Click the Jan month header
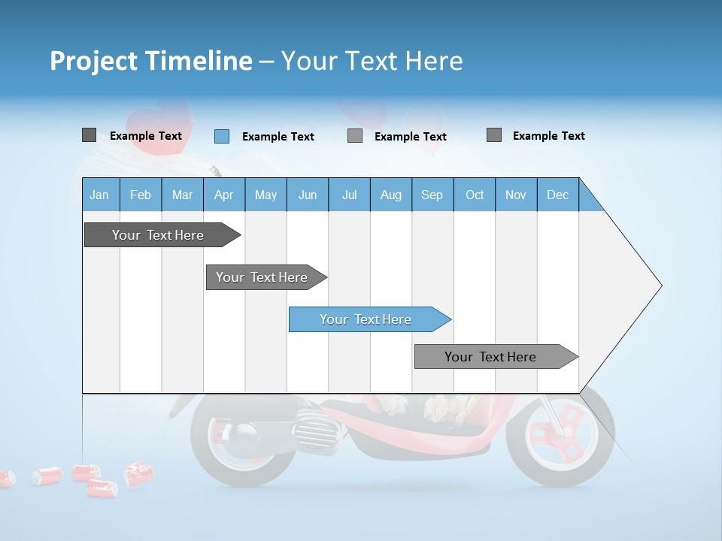(x=100, y=195)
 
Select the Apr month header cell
(x=224, y=195)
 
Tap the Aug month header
(x=390, y=195)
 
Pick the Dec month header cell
(x=557, y=195)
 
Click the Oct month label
(x=475, y=195)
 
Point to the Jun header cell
(x=308, y=195)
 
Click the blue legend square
(x=222, y=136)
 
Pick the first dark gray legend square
(x=89, y=135)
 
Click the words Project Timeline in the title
(x=151, y=61)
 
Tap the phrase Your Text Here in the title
(x=372, y=61)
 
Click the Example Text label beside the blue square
(x=278, y=137)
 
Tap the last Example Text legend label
(x=548, y=136)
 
